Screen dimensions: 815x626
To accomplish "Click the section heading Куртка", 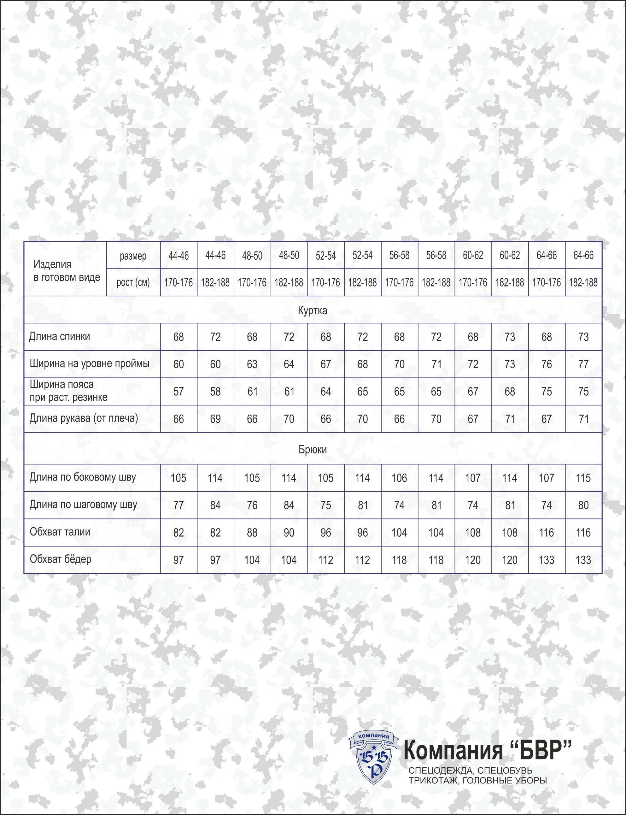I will coord(312,310).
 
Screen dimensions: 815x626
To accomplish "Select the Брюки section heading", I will coord(312,449).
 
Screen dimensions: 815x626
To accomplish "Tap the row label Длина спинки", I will coord(60,336).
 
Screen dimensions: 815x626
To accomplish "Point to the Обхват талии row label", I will coord(60,532).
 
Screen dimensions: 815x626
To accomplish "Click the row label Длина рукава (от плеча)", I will coord(84,418).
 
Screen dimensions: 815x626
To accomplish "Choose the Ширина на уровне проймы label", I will coord(90,363).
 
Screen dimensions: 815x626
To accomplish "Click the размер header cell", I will coord(133,256).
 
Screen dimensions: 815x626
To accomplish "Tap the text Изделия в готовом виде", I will coord(66,271).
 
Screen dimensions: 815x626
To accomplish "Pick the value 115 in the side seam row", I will coord(583,478).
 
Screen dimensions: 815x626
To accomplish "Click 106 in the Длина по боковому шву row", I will coord(399,478).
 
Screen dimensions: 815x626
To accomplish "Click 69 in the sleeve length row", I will coord(215,419).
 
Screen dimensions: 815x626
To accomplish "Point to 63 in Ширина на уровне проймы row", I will coord(252,364).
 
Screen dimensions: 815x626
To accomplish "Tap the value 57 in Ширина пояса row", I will coord(178,392).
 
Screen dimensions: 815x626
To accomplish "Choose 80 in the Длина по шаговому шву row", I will coord(583,505).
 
